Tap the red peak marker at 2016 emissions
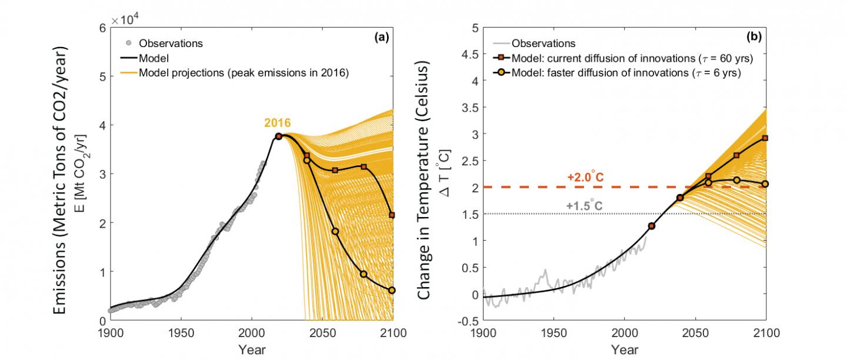click(x=278, y=136)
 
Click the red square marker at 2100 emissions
click(x=392, y=215)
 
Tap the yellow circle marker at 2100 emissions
click(x=392, y=290)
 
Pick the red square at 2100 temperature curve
click(x=765, y=138)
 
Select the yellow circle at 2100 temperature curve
click(x=765, y=184)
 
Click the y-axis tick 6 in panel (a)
click(x=102, y=28)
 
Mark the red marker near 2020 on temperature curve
click(x=651, y=226)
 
